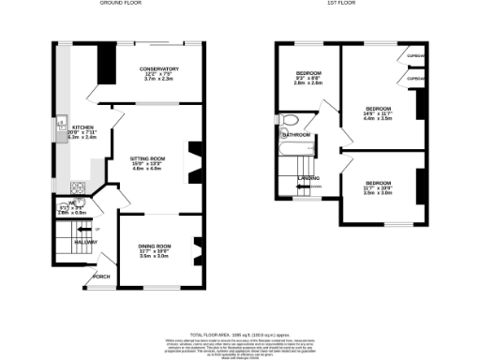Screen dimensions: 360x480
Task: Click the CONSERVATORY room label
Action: (x=159, y=69)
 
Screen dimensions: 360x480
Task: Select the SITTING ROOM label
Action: (x=147, y=159)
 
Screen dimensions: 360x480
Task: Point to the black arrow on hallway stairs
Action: (x=84, y=228)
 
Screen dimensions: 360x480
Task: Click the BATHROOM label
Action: (x=297, y=135)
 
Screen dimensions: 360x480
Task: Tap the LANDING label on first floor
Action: (x=308, y=177)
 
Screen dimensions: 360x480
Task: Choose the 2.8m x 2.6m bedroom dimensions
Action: (x=308, y=82)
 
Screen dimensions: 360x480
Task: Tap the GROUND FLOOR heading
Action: (x=121, y=4)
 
